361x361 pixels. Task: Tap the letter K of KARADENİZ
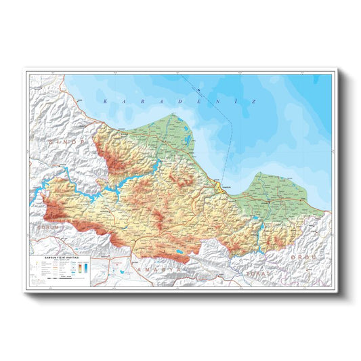click(106, 100)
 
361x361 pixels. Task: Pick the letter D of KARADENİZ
click(176, 100)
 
